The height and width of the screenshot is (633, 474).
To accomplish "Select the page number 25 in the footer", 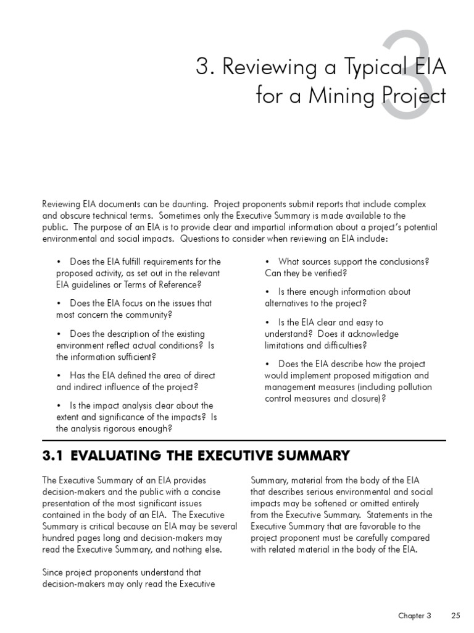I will (x=456, y=616).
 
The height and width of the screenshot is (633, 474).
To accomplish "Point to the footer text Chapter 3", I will (x=414, y=616).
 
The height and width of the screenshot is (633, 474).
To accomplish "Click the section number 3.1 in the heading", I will (x=53, y=456).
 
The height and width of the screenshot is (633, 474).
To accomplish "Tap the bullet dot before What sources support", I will (x=267, y=261).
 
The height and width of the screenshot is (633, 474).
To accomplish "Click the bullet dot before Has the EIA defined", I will (x=59, y=376).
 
